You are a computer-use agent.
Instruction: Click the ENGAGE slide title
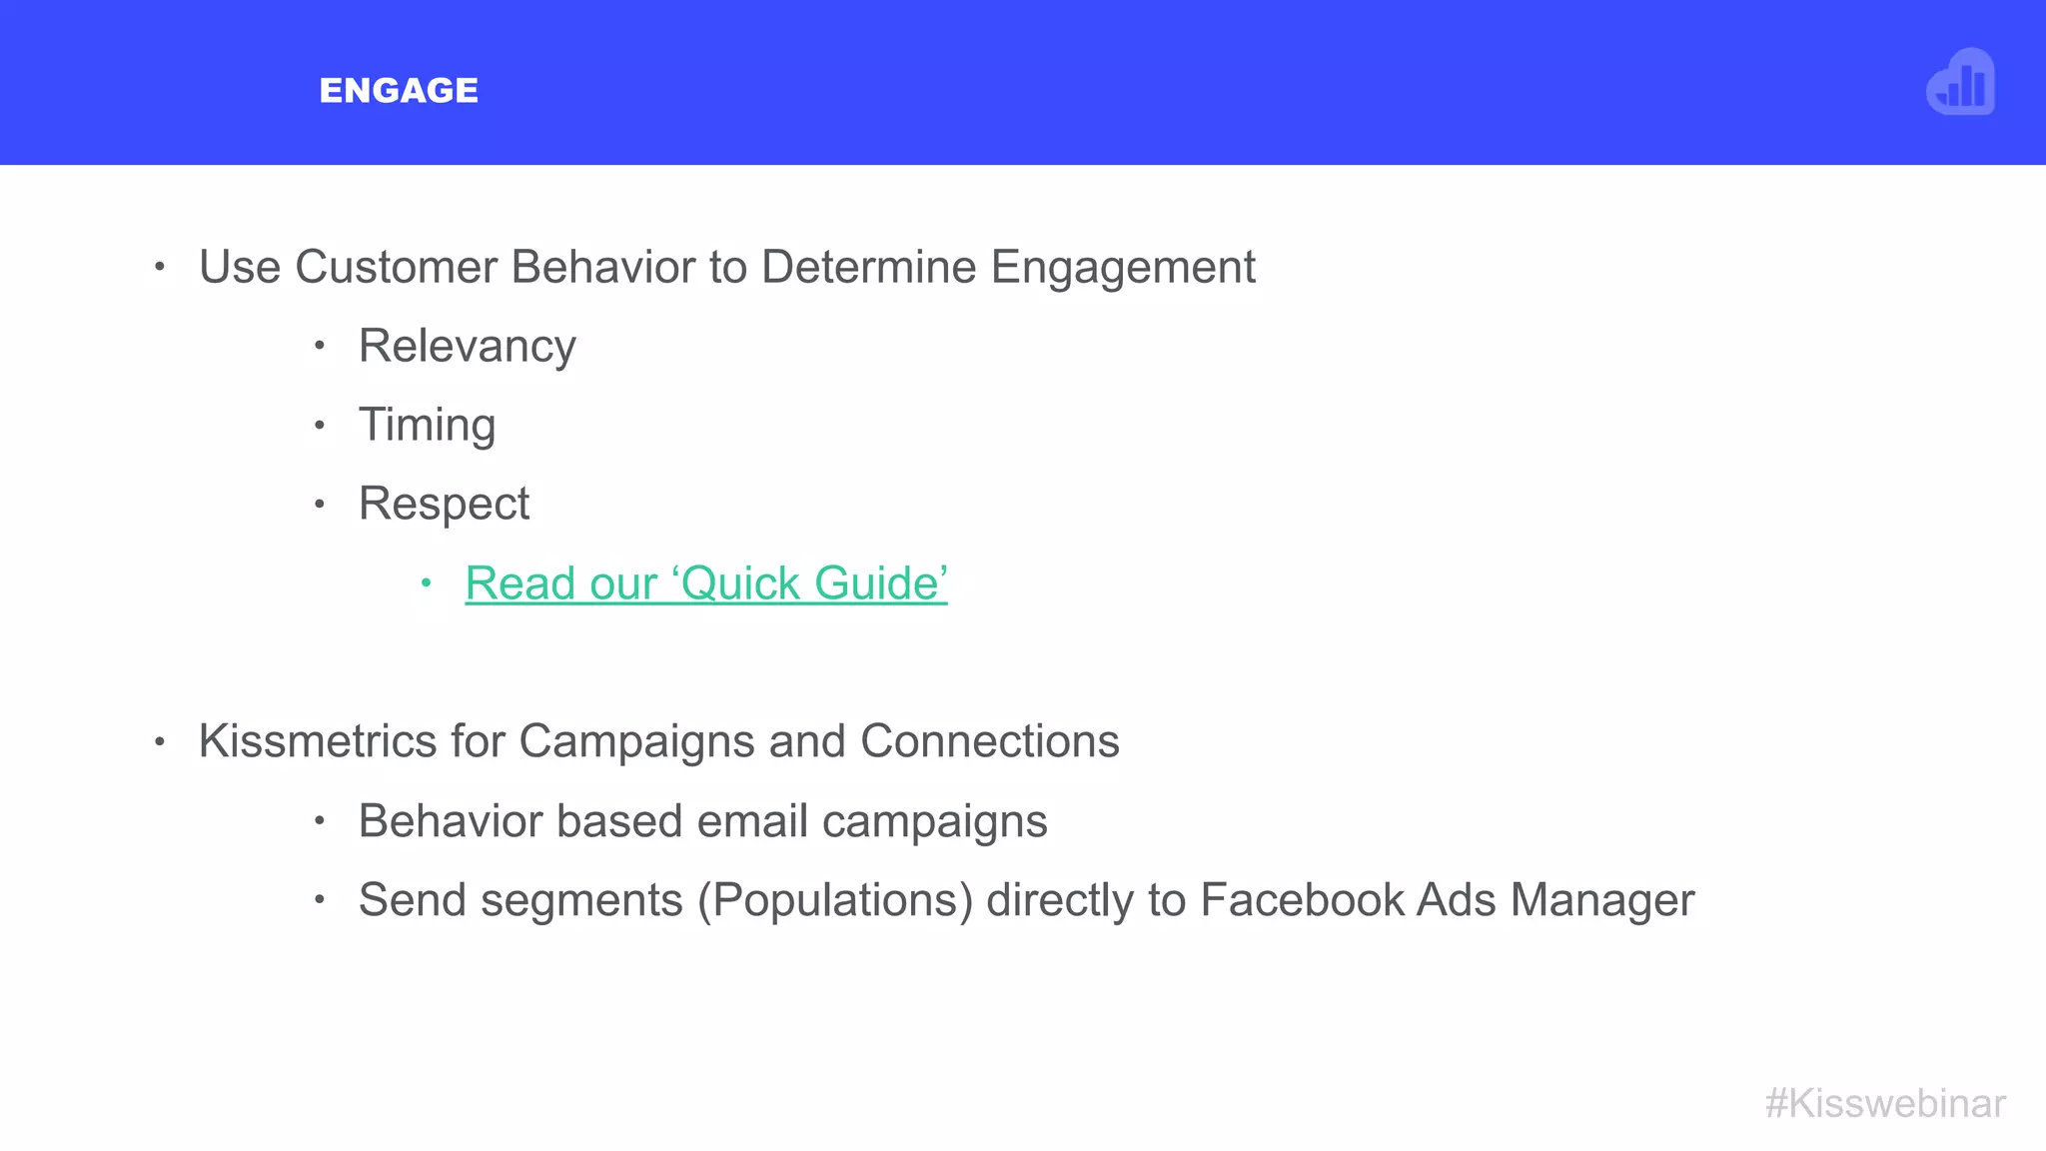pyautogui.click(x=399, y=91)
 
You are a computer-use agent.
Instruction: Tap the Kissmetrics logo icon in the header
pyautogui.click(x=1960, y=83)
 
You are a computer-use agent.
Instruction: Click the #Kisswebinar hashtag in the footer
pyautogui.click(x=1884, y=1103)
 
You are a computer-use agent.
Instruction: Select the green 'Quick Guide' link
pyautogui.click(x=705, y=583)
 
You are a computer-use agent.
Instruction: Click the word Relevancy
pyautogui.click(x=467, y=347)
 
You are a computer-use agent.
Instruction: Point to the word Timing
pyautogui.click(x=427, y=426)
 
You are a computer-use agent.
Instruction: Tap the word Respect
pyautogui.click(x=444, y=504)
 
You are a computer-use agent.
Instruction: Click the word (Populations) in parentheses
pyautogui.click(x=835, y=900)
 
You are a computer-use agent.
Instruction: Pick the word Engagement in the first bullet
pyautogui.click(x=1123, y=268)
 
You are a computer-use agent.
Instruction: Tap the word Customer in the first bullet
pyautogui.click(x=396, y=268)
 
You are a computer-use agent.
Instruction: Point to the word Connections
pyautogui.click(x=989, y=741)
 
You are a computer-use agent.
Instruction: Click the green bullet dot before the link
pyautogui.click(x=426, y=582)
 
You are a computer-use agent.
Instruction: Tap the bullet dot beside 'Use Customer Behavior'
pyautogui.click(x=159, y=267)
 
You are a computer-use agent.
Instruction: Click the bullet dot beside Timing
pyautogui.click(x=319, y=425)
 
